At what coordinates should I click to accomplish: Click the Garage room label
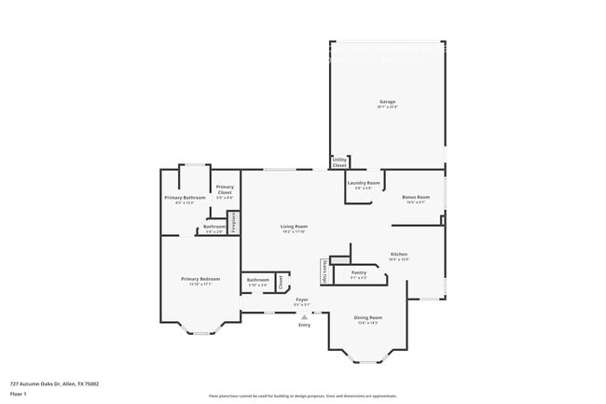387,102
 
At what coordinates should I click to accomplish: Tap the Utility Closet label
339,162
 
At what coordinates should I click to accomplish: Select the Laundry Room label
364,183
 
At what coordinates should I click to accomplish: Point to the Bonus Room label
415,198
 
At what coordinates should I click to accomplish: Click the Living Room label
295,227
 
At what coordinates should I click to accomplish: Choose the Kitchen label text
399,255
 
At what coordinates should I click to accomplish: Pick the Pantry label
358,273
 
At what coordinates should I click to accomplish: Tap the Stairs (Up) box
324,272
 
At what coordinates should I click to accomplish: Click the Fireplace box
234,224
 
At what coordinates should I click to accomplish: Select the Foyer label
302,300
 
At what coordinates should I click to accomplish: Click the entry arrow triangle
304,317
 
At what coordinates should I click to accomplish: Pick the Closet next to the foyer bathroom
280,280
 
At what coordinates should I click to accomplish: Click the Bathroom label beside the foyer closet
257,280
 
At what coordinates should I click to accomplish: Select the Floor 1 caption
19,394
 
